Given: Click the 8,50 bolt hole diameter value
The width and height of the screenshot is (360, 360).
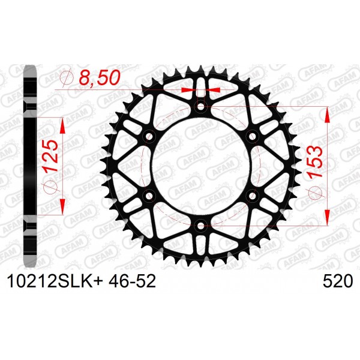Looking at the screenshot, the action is [x=100, y=77].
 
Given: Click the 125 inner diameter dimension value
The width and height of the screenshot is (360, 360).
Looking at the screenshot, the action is [x=51, y=157].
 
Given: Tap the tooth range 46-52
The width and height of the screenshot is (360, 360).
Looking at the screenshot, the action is [x=133, y=281].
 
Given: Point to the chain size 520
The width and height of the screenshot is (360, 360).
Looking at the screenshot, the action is [x=338, y=281].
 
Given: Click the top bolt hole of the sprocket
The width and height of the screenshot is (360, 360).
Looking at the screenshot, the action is [x=200, y=107].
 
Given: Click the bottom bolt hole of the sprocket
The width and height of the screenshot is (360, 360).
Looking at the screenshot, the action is [x=200, y=226].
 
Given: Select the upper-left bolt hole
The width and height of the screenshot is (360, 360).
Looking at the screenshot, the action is [x=149, y=136].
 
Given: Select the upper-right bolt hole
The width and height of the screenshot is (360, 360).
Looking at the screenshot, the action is [x=253, y=136].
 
